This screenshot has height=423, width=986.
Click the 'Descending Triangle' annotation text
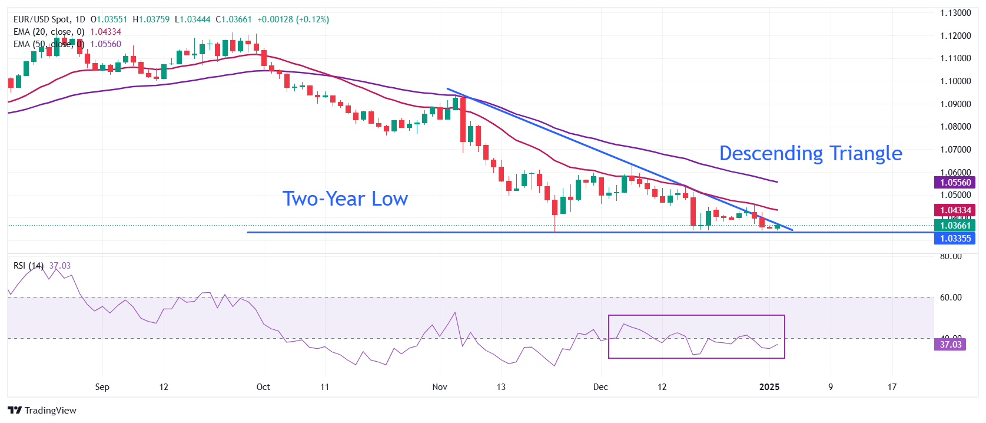click(810, 153)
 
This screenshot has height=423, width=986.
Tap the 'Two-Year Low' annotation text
click(345, 199)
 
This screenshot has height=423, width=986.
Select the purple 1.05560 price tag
click(955, 183)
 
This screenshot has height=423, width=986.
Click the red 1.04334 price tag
click(955, 210)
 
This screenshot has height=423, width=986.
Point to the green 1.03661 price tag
click(955, 225)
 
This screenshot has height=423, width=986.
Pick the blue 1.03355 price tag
click(955, 239)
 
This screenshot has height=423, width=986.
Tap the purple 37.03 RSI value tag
click(950, 345)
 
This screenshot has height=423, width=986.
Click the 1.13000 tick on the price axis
click(955, 13)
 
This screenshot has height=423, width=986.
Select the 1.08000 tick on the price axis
click(955, 127)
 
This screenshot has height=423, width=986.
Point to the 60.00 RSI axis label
click(951, 298)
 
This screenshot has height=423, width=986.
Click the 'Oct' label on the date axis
click(263, 387)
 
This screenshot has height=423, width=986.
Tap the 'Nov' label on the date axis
click(440, 387)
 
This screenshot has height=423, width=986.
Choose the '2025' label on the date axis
click(769, 387)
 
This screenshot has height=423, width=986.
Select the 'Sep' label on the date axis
click(102, 387)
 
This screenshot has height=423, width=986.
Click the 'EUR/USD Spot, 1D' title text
click(49, 19)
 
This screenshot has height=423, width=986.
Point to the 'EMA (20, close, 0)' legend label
click(49, 32)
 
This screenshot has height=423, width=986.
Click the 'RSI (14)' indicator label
click(28, 266)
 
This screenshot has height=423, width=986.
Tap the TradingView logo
click(42, 411)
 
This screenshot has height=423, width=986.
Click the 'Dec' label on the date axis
click(600, 387)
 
